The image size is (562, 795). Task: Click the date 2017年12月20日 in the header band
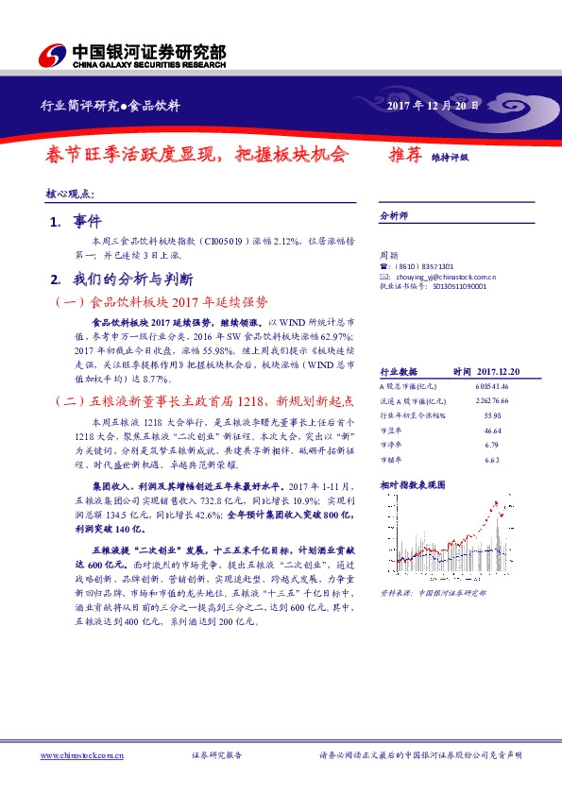(434, 105)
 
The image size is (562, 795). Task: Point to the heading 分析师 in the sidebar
(392, 215)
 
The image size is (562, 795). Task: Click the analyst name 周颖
(388, 255)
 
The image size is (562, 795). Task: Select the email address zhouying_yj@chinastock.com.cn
(443, 277)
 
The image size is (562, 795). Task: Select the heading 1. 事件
(69, 221)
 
